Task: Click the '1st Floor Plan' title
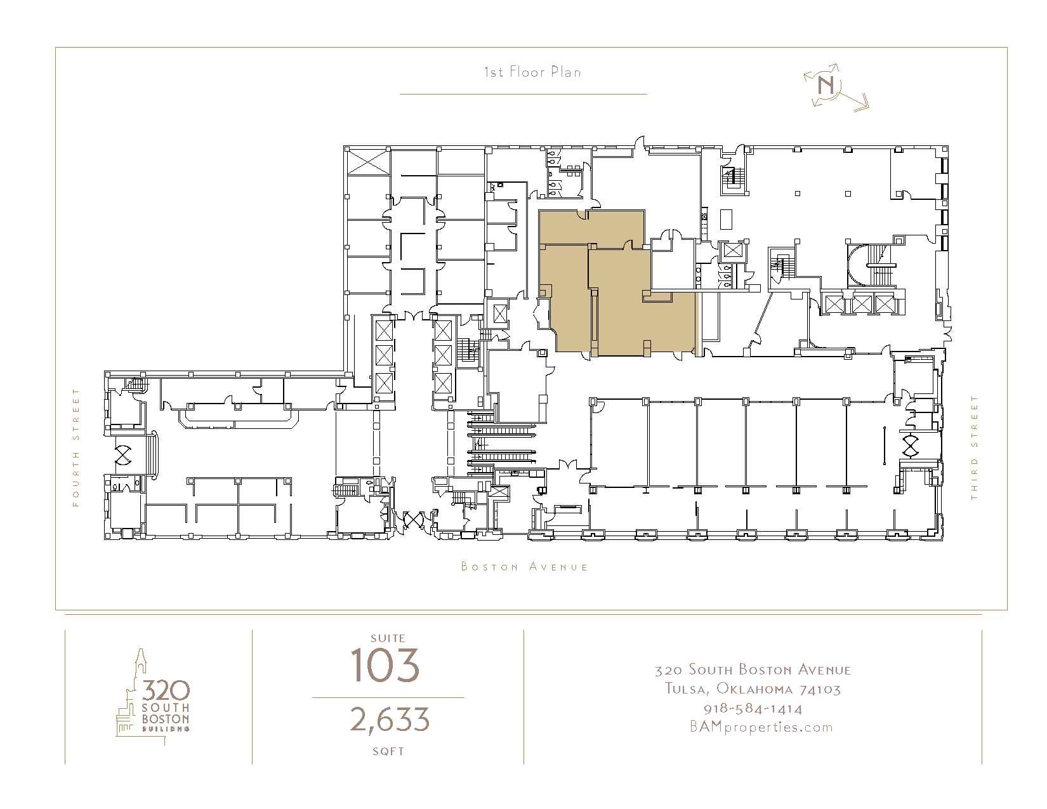pos(532,72)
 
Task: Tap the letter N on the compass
pos(826,86)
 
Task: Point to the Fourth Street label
pos(76,447)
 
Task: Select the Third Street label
pos(974,447)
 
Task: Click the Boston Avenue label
pos(524,567)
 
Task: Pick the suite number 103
pos(385,666)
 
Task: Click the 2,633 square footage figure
pos(389,720)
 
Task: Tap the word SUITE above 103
pos(388,638)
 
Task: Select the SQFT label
pos(388,751)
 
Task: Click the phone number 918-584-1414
pos(753,709)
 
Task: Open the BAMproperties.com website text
pos(761,727)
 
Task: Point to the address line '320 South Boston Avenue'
pos(753,670)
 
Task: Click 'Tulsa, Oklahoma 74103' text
pos(753,689)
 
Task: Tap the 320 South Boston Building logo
pos(153,696)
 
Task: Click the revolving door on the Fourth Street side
pos(123,455)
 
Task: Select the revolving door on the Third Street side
pos(910,446)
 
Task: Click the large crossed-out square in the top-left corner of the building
pos(369,162)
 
